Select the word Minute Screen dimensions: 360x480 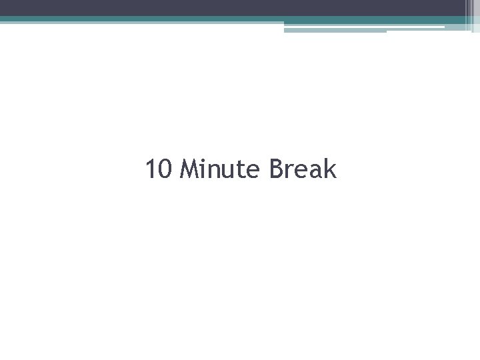pos(222,169)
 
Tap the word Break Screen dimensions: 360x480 pos(303,169)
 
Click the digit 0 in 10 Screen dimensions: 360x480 pos(167,169)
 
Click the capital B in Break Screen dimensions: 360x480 pos(277,169)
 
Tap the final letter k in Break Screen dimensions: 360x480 pos(330,169)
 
